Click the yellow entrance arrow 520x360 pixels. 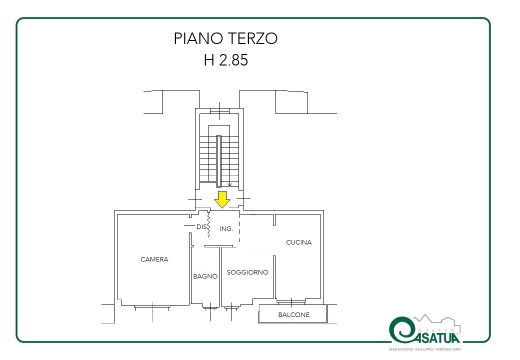pyautogui.click(x=222, y=199)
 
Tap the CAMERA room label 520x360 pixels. pyautogui.click(x=154, y=259)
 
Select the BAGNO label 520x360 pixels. pyautogui.click(x=205, y=276)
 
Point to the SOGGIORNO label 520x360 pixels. pyautogui.click(x=247, y=272)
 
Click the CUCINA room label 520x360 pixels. pyautogui.click(x=299, y=242)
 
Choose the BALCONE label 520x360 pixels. pyautogui.click(x=294, y=314)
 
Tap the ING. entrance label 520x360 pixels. pyautogui.click(x=226, y=228)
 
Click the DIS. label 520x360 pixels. pyautogui.click(x=201, y=226)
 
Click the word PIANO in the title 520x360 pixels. pyautogui.click(x=197, y=38)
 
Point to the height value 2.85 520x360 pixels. pyautogui.click(x=233, y=60)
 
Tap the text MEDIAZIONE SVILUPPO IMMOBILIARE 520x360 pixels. pyautogui.click(x=425, y=349)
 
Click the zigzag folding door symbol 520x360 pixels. pyautogui.click(x=208, y=224)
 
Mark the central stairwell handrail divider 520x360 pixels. pyautogui.click(x=218, y=161)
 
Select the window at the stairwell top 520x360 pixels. pyautogui.click(x=219, y=110)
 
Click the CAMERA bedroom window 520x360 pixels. pyautogui.click(x=152, y=307)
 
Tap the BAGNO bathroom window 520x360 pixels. pyautogui.click(x=210, y=308)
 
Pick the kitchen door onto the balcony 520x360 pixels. pyautogui.click(x=291, y=301)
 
